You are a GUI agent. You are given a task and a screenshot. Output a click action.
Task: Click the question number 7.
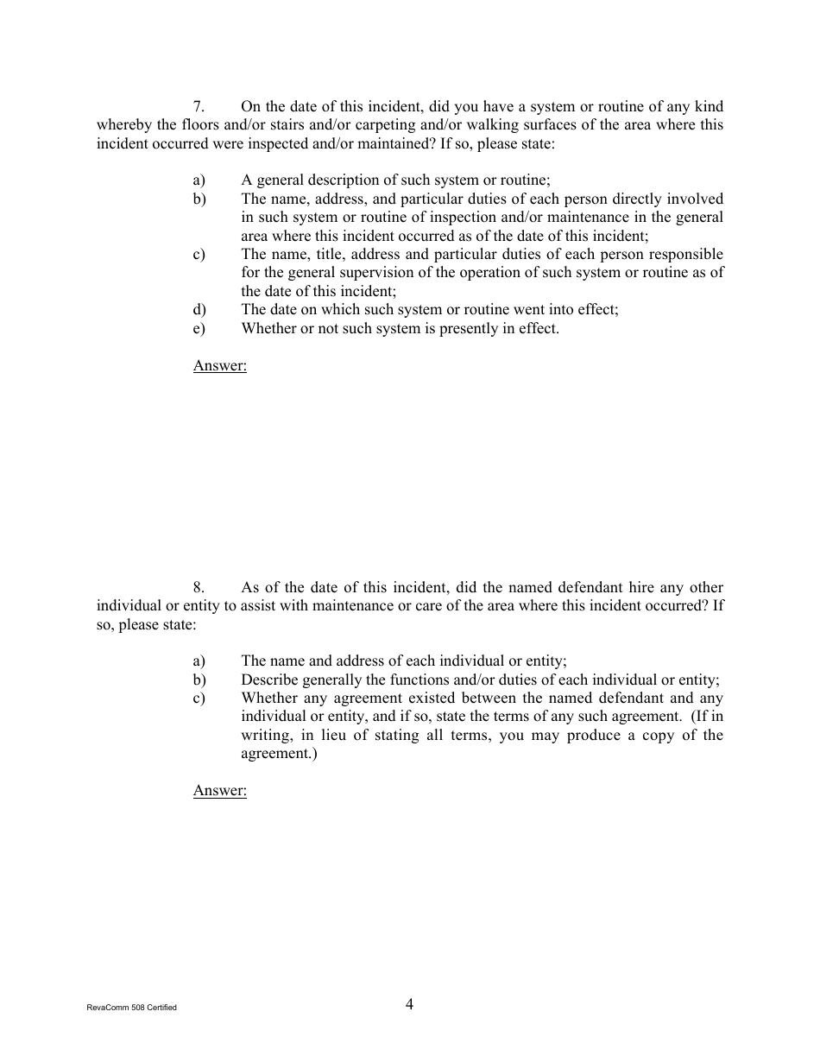pos(198,107)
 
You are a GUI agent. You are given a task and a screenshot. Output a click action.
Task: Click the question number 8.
pos(198,588)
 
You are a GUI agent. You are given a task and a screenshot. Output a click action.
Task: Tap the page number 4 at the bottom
pos(409,1003)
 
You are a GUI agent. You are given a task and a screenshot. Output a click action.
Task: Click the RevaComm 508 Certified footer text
pos(132,1008)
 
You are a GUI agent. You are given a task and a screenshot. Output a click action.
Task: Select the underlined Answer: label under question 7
pos(219,365)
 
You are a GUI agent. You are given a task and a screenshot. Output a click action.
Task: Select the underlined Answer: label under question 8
pos(219,790)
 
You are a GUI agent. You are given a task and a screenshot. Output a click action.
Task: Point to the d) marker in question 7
pos(199,310)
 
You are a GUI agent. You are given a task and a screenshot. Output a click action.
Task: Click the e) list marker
pos(199,328)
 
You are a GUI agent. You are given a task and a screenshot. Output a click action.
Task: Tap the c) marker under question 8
pos(199,698)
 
